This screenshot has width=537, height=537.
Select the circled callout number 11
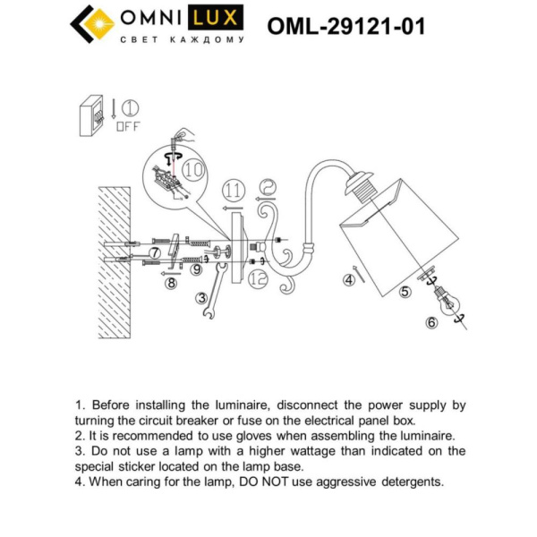[233, 190]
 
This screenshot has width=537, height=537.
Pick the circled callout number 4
[350, 280]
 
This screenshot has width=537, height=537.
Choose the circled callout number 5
[405, 291]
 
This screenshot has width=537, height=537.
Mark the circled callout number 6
[431, 322]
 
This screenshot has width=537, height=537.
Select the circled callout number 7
[156, 253]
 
